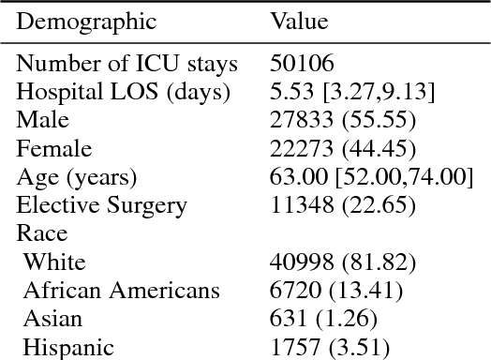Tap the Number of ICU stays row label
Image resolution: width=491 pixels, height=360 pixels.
click(127, 64)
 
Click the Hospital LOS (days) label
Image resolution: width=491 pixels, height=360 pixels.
click(124, 92)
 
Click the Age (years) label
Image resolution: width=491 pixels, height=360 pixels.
click(77, 177)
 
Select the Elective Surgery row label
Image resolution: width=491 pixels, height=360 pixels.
click(102, 205)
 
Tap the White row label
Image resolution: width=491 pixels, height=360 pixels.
click(54, 262)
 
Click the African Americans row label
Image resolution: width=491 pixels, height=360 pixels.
click(122, 291)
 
